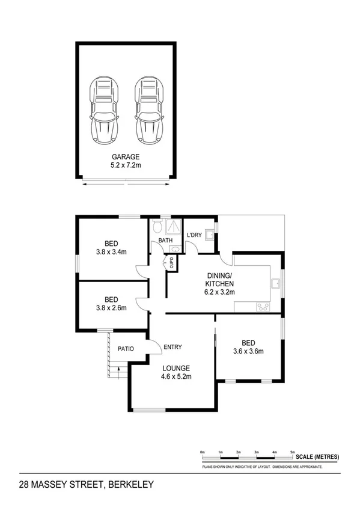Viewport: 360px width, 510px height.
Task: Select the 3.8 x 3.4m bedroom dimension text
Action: [111, 252]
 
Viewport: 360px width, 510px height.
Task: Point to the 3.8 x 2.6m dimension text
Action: [111, 307]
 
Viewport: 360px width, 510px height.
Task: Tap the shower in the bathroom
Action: [174, 227]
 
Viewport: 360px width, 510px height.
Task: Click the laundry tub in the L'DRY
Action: [209, 235]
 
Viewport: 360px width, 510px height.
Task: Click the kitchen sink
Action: [274, 283]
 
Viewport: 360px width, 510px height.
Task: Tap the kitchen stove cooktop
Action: [263, 307]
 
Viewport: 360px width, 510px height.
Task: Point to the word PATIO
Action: [125, 349]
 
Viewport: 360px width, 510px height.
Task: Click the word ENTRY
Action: [172, 347]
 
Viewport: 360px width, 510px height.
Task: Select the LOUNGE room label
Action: [175, 368]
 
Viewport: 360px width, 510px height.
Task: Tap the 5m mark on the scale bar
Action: [292, 451]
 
